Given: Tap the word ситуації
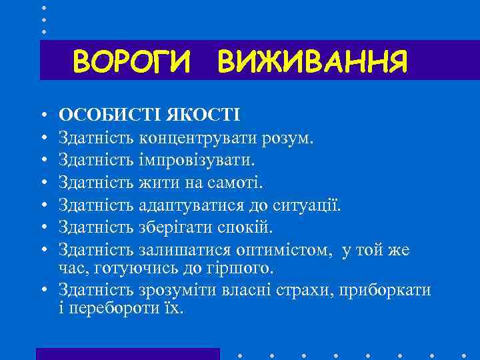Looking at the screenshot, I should coord(306,205).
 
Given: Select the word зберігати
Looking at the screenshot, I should coord(177,227).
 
